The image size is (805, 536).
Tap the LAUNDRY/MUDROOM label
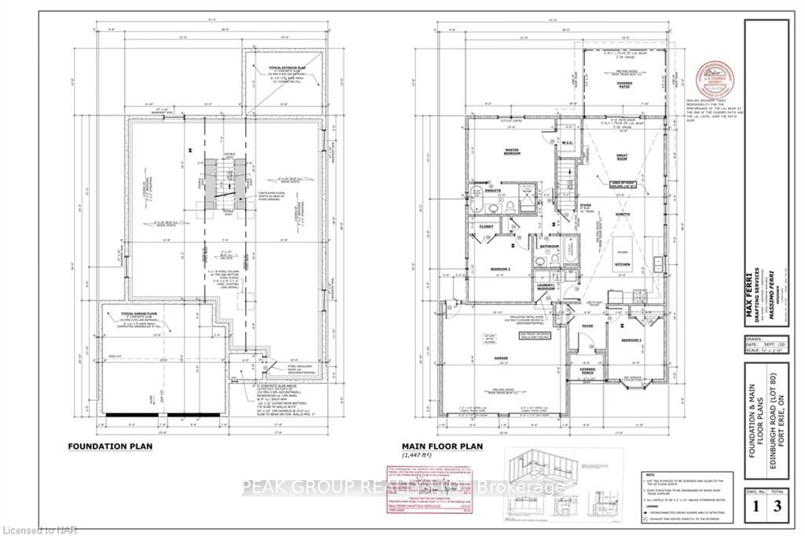[546, 286]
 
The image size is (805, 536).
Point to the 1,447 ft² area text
[420, 455]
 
